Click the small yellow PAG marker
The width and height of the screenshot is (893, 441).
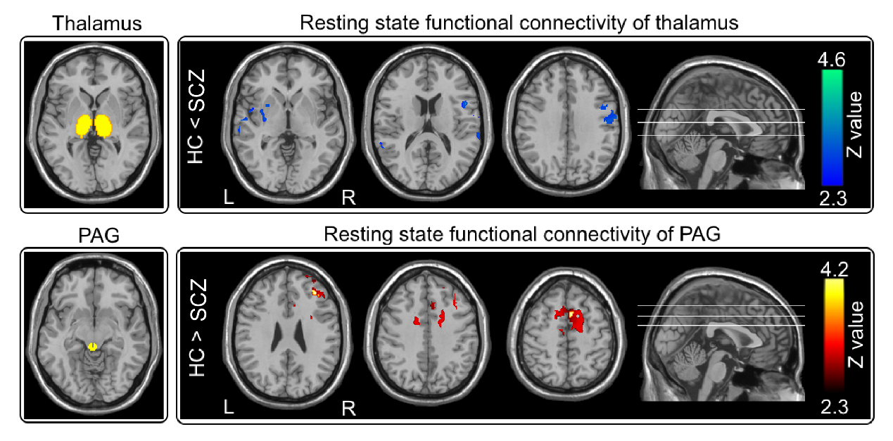92,346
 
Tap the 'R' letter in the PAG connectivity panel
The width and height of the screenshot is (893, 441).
348,407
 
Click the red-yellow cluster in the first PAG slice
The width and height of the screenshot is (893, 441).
317,290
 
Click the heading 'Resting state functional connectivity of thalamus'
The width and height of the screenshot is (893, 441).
519,23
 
